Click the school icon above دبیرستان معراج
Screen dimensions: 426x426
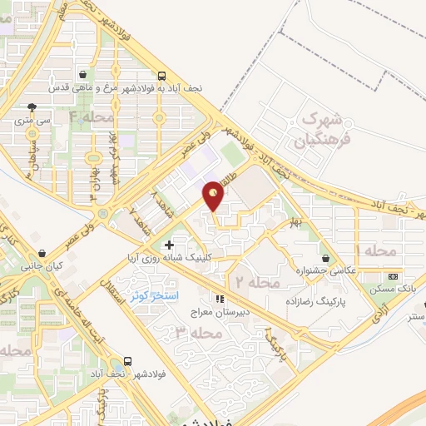(220, 299)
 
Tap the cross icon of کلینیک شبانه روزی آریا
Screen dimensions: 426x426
(170, 245)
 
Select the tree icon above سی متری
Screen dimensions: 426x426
(32, 106)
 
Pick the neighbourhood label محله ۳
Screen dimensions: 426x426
(198, 333)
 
